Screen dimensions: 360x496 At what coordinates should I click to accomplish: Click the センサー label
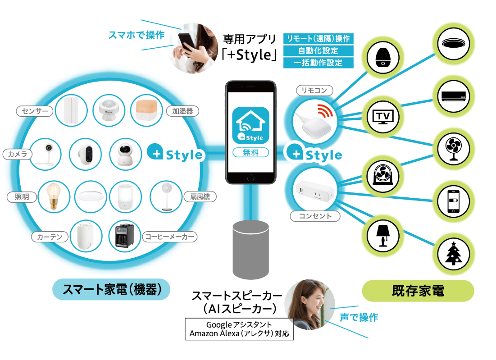(x=34, y=110)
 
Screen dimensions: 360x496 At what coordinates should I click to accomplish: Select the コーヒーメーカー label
(x=170, y=236)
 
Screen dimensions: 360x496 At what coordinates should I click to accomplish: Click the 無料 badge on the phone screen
(x=250, y=152)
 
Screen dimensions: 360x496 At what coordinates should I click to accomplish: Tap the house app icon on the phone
(x=250, y=126)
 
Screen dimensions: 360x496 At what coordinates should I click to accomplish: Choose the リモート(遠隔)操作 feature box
(x=319, y=38)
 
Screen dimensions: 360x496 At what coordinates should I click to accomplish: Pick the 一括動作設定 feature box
(x=319, y=63)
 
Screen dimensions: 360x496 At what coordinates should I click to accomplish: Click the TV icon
(x=383, y=116)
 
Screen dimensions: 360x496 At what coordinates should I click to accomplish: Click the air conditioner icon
(x=454, y=96)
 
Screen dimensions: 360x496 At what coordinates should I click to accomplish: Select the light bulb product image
(x=54, y=196)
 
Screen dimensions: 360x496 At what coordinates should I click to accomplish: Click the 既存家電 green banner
(x=418, y=291)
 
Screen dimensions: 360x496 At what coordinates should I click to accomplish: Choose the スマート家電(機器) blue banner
(x=111, y=289)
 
